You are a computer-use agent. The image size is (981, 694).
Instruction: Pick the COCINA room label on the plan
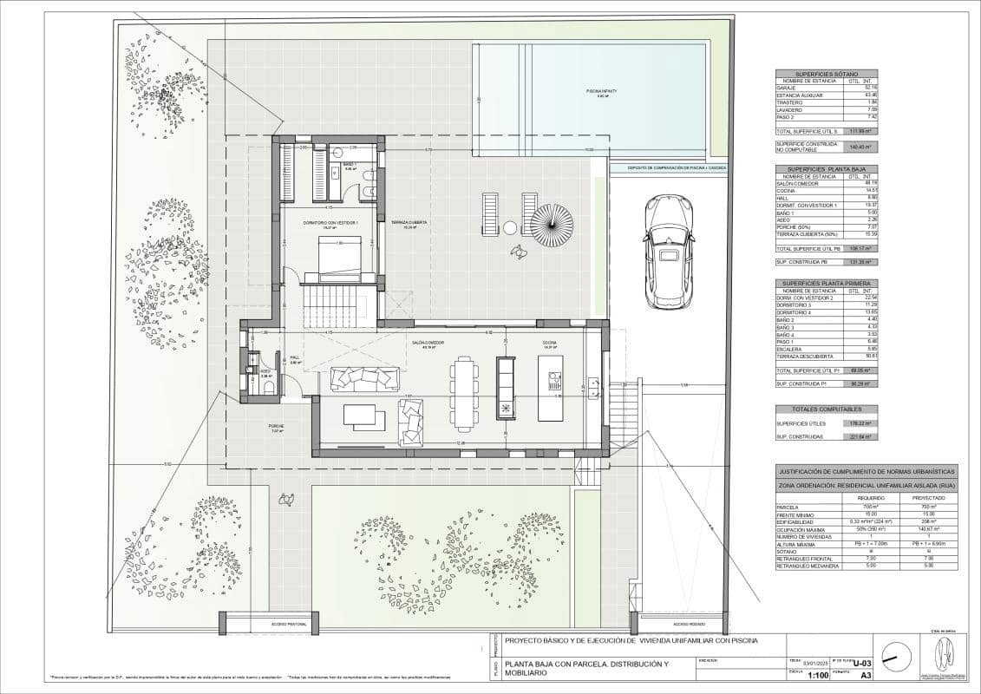coord(550,344)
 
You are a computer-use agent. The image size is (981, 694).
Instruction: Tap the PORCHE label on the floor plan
coord(276,427)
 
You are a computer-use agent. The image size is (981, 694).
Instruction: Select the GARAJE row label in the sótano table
coord(786,88)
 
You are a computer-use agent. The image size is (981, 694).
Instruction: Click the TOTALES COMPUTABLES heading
coord(825,409)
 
